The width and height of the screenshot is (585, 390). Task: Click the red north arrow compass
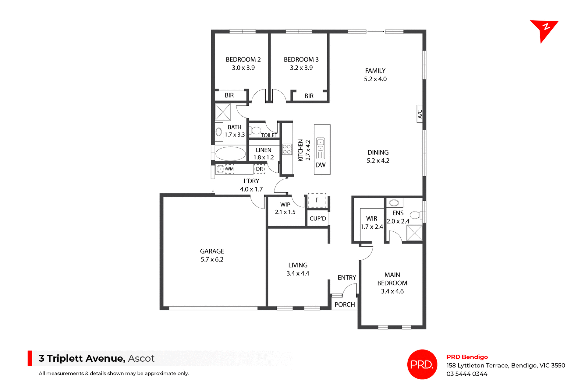pyautogui.click(x=544, y=30)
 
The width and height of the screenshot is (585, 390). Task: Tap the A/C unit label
pyautogui.click(x=420, y=114)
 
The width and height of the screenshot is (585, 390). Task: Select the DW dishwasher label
pyautogui.click(x=321, y=165)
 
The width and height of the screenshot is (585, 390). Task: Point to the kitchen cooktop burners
pyautogui.click(x=287, y=149)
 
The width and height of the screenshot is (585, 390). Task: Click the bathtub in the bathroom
pyautogui.click(x=231, y=153)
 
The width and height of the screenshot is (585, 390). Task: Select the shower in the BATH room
pyautogui.click(x=223, y=112)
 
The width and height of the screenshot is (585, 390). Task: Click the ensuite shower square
pyautogui.click(x=414, y=233)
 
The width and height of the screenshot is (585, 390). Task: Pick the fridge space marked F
pyautogui.click(x=317, y=200)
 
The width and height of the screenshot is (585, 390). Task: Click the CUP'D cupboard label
pyautogui.click(x=318, y=219)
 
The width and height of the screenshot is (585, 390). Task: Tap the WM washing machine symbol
pyautogui.click(x=229, y=169)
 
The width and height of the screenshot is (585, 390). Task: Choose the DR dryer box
pyautogui.click(x=259, y=169)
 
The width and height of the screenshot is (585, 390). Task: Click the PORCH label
pyautogui.click(x=345, y=304)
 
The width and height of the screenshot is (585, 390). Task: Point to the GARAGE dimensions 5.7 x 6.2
pyautogui.click(x=212, y=259)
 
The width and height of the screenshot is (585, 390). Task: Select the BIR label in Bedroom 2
pyautogui.click(x=229, y=95)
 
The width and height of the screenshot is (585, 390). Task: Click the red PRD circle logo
pyautogui.click(x=422, y=364)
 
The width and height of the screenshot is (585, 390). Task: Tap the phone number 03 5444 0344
pyautogui.click(x=467, y=374)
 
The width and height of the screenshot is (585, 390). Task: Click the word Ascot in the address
pyautogui.click(x=141, y=358)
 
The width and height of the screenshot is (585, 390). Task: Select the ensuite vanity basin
pyautogui.click(x=394, y=202)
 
